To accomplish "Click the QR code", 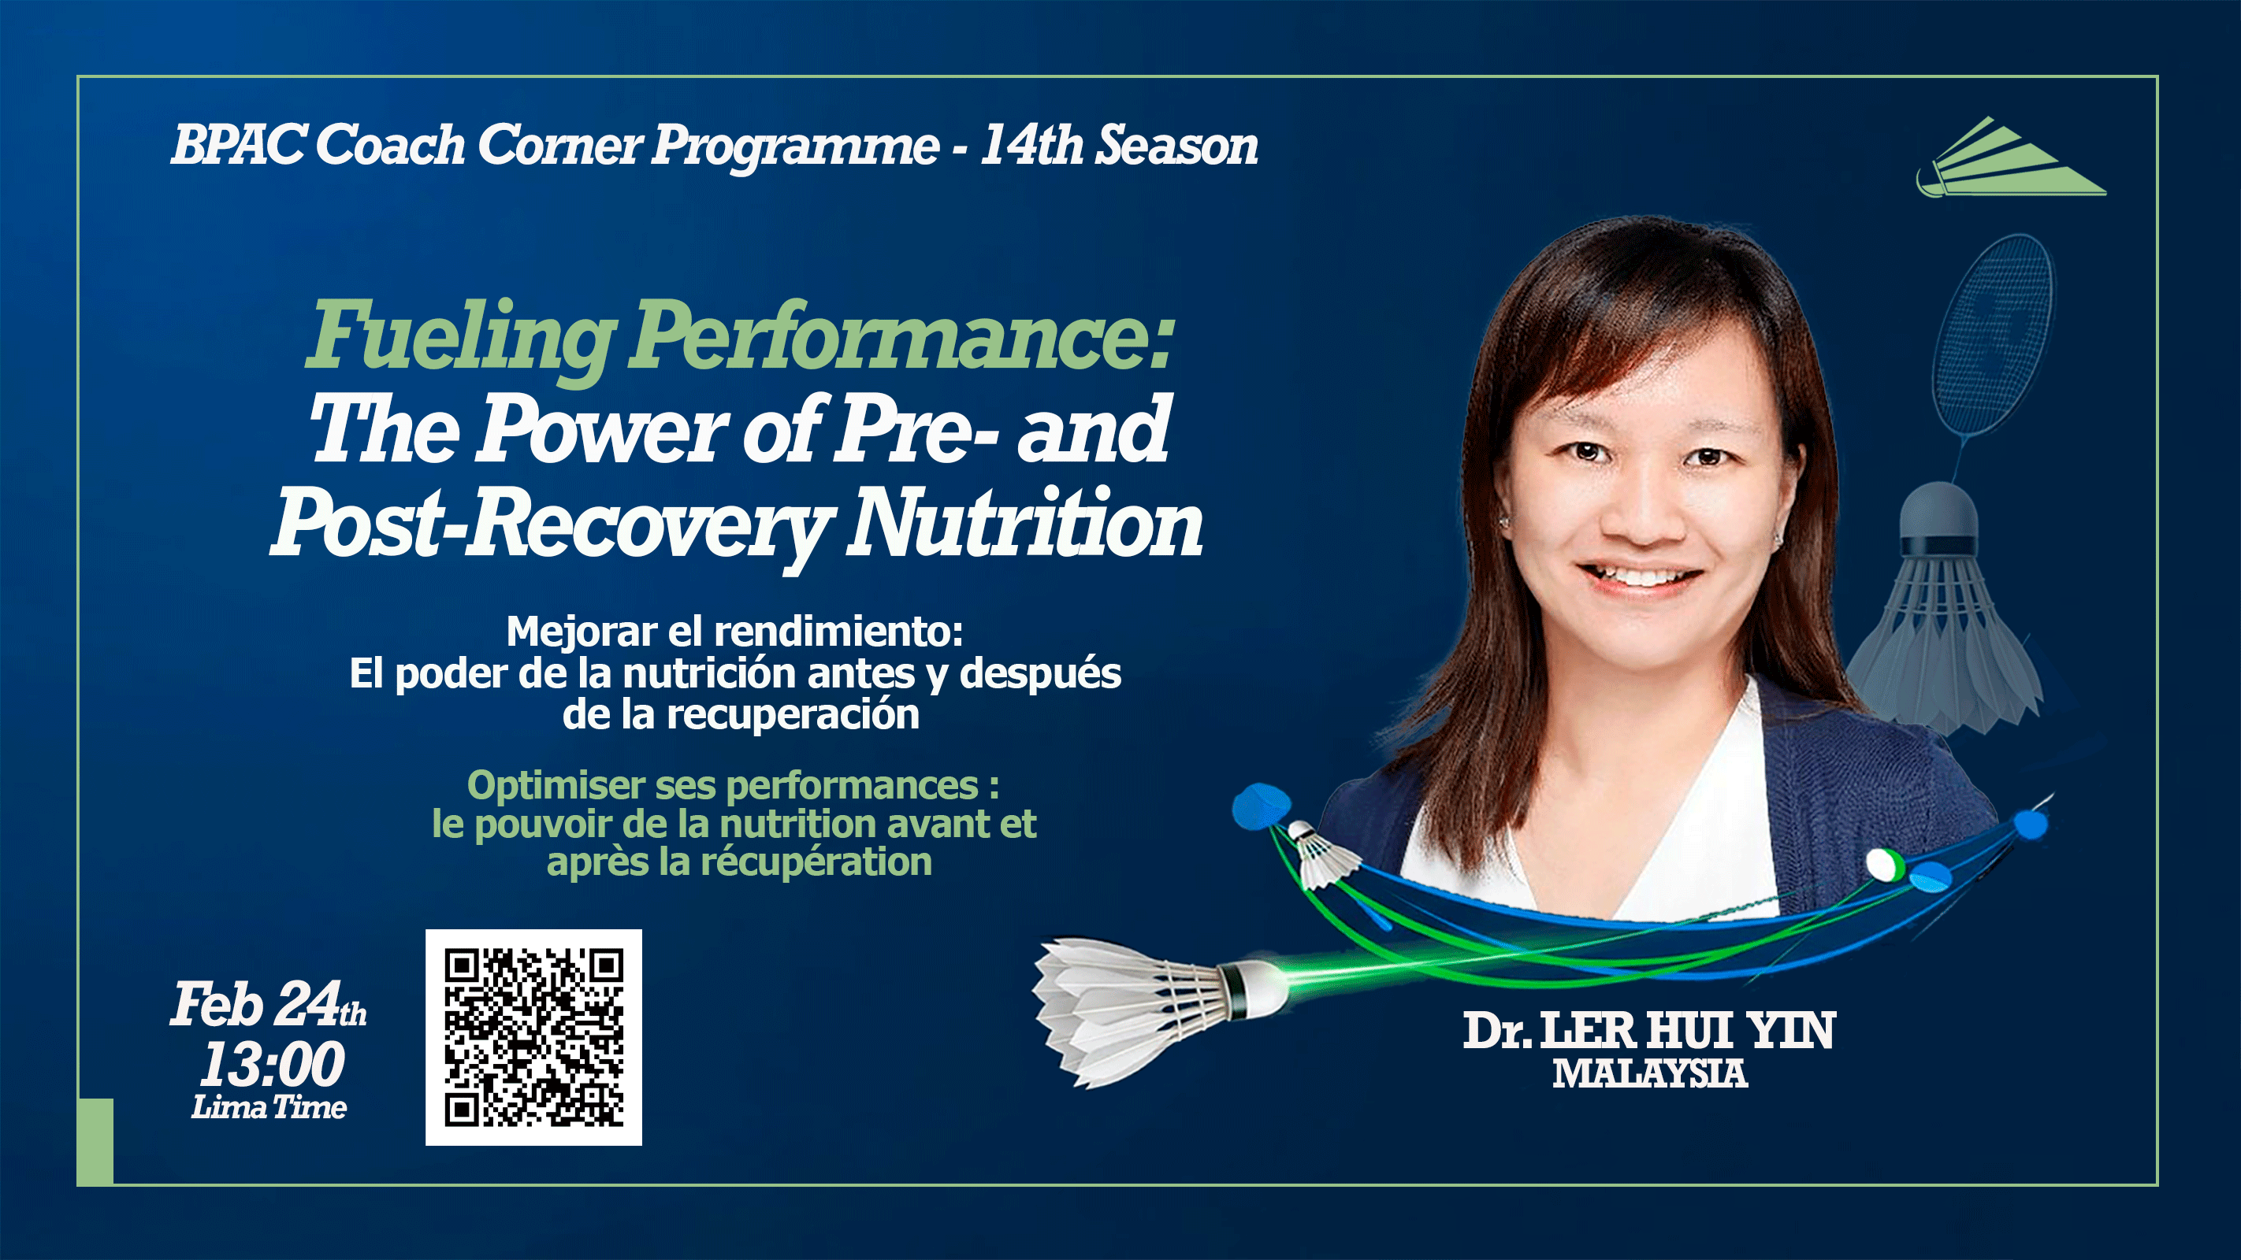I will tap(533, 1036).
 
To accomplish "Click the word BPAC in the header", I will tap(237, 144).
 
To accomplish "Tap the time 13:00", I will tap(273, 1065).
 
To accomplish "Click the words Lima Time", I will tap(269, 1108).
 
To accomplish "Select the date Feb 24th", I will tap(267, 1005).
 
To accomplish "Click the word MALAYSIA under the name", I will tap(1649, 1074).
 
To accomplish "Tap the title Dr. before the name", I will tap(1496, 1032).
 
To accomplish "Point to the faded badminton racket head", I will tap(1992, 335).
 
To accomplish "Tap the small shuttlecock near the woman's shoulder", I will tap(1322, 857).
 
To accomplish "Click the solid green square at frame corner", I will tap(95, 1141).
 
